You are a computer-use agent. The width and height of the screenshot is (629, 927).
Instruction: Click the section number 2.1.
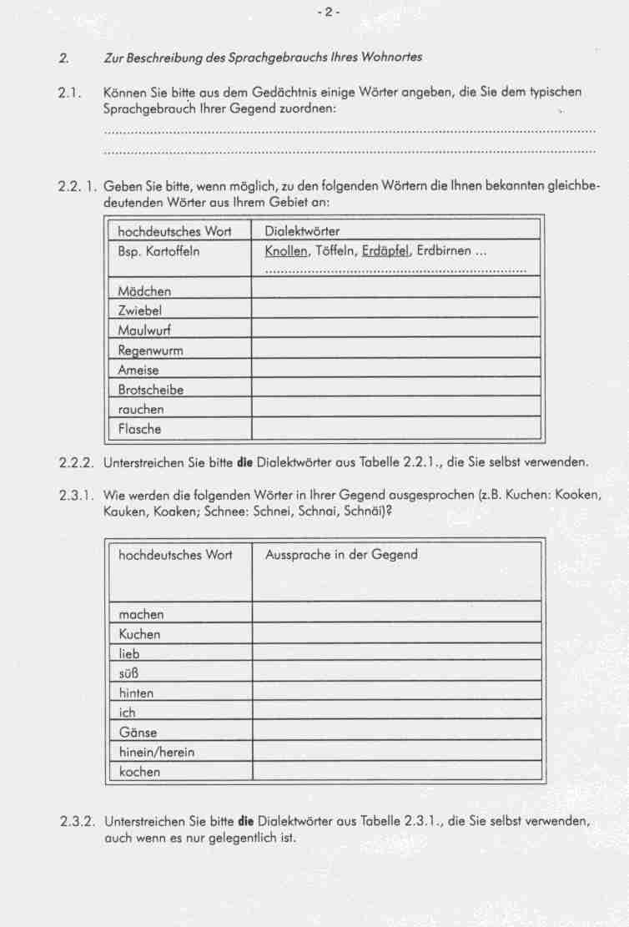tap(69, 93)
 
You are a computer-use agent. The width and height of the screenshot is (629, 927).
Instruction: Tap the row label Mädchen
tap(144, 291)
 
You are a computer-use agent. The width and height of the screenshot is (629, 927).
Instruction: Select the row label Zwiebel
tap(140, 310)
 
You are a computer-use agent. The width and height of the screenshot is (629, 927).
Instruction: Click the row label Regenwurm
tap(150, 350)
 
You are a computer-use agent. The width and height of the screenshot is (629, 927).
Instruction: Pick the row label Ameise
tap(138, 370)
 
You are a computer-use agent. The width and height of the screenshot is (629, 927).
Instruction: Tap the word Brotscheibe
tap(151, 390)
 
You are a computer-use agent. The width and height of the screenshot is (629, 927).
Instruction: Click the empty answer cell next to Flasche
tap(396, 430)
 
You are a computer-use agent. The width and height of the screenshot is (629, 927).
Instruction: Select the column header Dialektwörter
tap(302, 231)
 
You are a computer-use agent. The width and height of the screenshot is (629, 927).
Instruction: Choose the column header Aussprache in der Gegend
tap(341, 554)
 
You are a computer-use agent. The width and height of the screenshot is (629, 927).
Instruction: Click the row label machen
tap(142, 615)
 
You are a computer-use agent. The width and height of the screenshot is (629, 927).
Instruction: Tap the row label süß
tap(128, 673)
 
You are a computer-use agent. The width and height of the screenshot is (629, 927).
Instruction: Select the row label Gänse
tap(138, 733)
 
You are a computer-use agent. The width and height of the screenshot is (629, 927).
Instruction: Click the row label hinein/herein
tap(157, 752)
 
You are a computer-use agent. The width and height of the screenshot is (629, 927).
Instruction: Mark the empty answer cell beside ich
tap(396, 713)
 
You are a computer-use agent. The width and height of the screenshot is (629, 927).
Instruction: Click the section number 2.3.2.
tap(77, 821)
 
